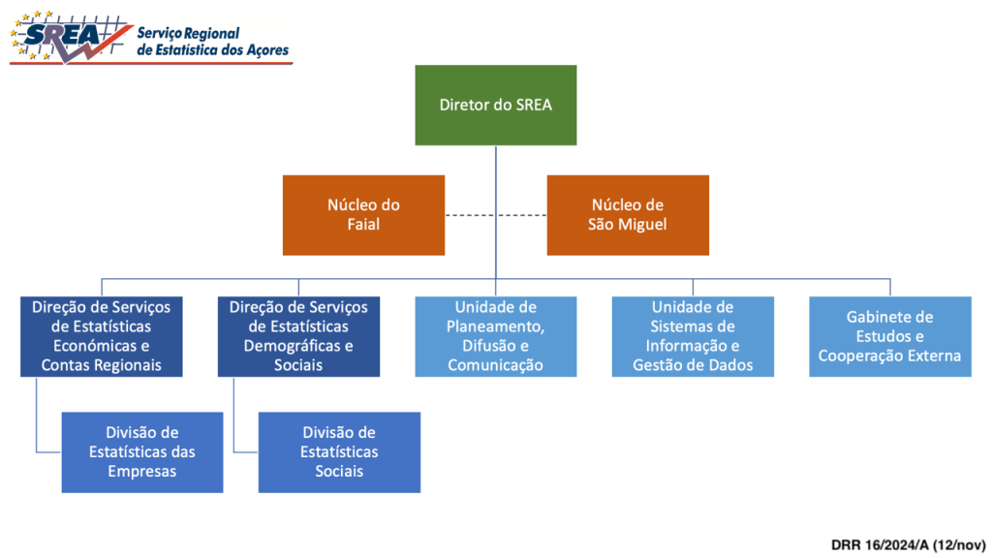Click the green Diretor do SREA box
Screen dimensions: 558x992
tap(495, 105)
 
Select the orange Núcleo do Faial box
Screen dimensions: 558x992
tap(363, 214)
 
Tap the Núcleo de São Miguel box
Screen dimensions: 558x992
tap(628, 214)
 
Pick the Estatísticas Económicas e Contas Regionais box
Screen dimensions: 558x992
tap(101, 336)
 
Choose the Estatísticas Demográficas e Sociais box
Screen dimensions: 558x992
tap(298, 336)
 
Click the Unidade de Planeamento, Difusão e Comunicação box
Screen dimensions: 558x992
tap(495, 336)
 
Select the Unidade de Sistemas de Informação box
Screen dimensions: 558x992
tap(693, 336)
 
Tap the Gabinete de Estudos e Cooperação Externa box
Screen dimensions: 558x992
tap(889, 336)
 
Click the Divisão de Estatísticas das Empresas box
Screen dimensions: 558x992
tap(141, 451)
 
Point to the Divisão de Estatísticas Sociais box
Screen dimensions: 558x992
tap(339, 451)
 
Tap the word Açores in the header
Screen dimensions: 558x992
tap(265, 49)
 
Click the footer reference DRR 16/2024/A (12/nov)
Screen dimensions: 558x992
tap(907, 544)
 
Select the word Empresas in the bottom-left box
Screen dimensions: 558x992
tap(141, 472)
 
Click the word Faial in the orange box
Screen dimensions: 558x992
tap(363, 225)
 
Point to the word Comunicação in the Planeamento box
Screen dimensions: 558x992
tap(495, 365)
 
